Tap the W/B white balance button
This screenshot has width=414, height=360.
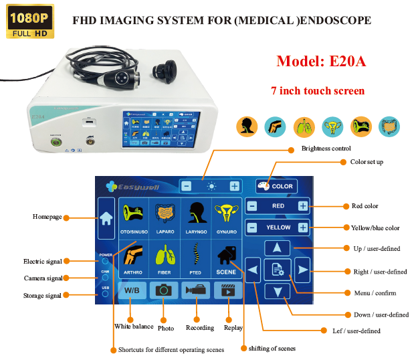coord(132,290)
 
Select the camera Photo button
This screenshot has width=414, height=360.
coord(164,290)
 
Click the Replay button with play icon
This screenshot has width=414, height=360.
coord(227,290)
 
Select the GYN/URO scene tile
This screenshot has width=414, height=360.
coord(226,217)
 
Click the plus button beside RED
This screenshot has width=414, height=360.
coord(303,206)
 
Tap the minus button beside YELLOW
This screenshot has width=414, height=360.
coord(252,228)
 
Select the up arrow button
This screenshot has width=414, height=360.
coord(278,248)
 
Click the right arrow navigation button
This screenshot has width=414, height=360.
coord(303,270)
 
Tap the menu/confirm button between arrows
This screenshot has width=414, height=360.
coord(278,270)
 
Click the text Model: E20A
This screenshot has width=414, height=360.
coord(320,62)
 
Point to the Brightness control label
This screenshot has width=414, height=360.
coord(326,148)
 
